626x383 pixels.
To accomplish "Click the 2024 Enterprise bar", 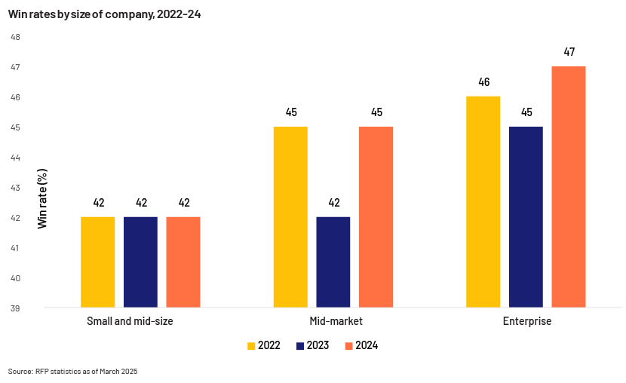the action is (x=569, y=187).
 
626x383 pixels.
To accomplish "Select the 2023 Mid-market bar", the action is (x=333, y=262).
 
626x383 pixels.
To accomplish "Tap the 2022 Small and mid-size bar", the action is (x=98, y=262).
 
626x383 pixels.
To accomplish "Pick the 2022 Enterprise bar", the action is (x=483, y=202).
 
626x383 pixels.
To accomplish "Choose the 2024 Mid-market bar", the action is (x=376, y=217).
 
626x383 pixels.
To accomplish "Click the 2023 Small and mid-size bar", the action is (x=140, y=262).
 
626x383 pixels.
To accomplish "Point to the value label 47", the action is (x=569, y=52).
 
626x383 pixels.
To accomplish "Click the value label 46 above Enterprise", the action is (x=484, y=82).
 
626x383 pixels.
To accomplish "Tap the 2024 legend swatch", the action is (x=349, y=346).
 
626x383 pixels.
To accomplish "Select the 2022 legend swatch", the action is (x=251, y=346).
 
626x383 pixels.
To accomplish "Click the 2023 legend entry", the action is (x=312, y=345).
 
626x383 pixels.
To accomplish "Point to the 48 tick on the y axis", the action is (x=15, y=37).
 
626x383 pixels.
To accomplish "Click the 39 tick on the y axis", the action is (x=15, y=308).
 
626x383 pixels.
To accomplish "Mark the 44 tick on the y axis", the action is (x=15, y=158).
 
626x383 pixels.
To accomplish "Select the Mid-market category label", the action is (x=336, y=321).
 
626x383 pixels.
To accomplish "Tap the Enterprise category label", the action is (x=527, y=321).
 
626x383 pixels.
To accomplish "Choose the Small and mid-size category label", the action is (x=130, y=321).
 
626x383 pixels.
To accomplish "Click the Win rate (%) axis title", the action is (x=42, y=199).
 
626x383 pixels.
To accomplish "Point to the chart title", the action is (x=105, y=14).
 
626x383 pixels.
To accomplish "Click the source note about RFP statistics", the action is (x=72, y=372).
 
